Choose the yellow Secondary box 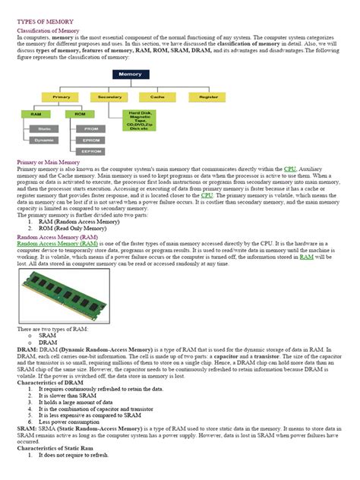(x=110, y=97)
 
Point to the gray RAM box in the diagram (x=36, y=114)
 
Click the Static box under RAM (x=45, y=128)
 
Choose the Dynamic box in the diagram (x=45, y=140)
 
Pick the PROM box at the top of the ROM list (x=91, y=128)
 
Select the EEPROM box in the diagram (x=91, y=151)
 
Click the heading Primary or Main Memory (x=48, y=163)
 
